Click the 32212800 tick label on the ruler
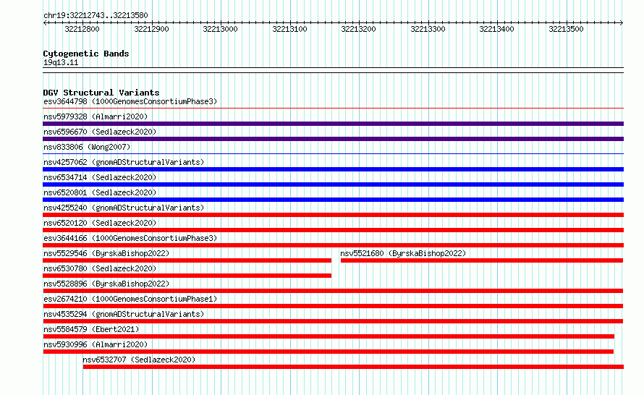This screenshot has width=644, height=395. pos(82,29)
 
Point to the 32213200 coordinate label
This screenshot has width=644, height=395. pos(359,29)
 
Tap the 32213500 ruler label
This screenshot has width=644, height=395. pos(566,29)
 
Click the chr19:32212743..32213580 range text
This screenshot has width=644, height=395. pos(96,16)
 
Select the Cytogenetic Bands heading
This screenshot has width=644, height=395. pos(86,54)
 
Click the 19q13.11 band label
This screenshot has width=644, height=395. pos(61,62)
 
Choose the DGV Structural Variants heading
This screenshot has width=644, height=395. pos(101,93)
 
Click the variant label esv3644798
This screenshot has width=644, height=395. pos(65,101)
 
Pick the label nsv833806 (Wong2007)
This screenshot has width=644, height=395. pos(87,147)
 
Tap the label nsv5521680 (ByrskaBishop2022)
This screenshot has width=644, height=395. pos(403,253)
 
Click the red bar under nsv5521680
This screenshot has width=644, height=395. pos(482,260)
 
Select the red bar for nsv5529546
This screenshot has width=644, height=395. pos(187,260)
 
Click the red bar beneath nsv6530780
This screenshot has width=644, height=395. pos(187,276)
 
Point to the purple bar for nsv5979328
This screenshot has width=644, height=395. pos(333,124)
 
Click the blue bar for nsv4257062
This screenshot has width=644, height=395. pos(333,169)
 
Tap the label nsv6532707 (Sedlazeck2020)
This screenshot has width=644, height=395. pos(139,360)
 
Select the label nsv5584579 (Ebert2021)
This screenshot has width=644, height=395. pos(91,329)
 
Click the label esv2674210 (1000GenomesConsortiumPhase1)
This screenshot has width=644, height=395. pos(130,299)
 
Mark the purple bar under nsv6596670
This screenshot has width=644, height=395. pos(333,139)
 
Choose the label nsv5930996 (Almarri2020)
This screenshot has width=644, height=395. pos(96,344)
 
